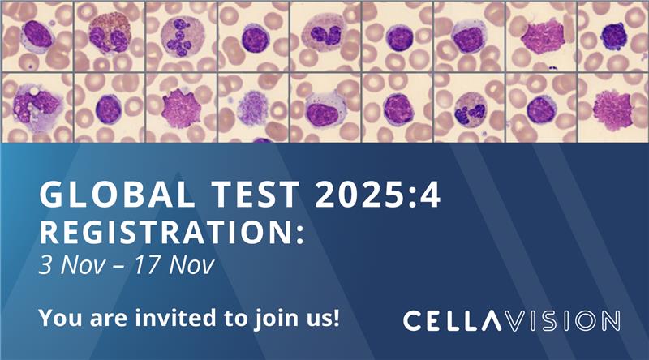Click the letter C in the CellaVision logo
pyautogui.click(x=414, y=320)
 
